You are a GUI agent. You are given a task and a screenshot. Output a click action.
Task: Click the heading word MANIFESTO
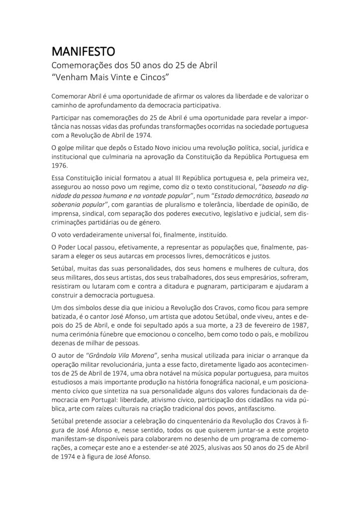click(84, 51)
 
